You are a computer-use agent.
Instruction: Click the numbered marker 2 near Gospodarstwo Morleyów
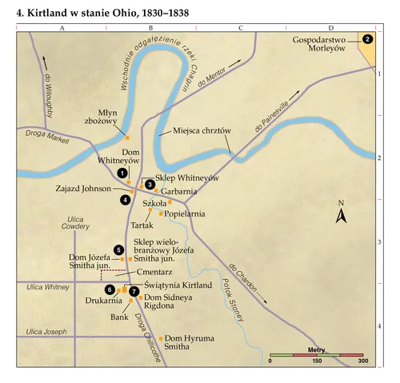tap(367, 38)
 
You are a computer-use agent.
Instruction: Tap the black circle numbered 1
tap(122, 172)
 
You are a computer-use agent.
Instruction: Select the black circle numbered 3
tap(150, 184)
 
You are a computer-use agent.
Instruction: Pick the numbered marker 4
tap(124, 199)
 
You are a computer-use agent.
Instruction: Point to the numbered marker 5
tap(119, 250)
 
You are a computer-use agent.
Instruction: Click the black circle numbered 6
tap(110, 288)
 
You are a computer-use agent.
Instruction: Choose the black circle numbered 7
tap(133, 292)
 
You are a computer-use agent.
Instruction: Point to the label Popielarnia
tap(186, 213)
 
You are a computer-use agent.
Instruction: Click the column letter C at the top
tap(240, 28)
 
